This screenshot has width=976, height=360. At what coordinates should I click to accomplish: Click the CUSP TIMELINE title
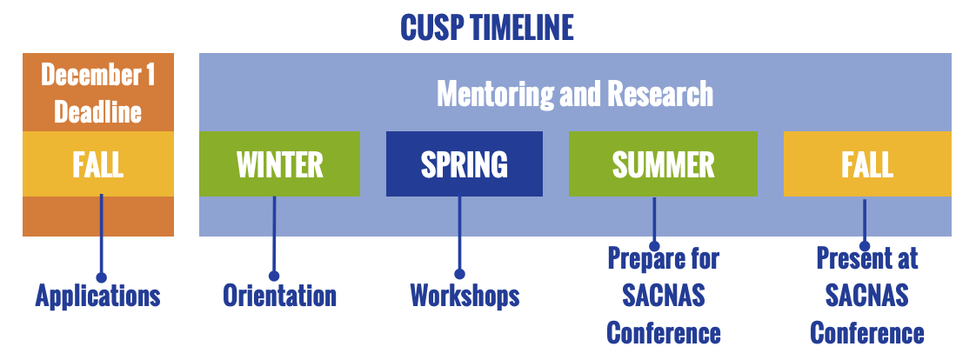[487, 28]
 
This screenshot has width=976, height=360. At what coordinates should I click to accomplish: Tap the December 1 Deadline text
[97, 93]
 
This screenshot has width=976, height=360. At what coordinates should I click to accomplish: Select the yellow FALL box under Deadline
[98, 164]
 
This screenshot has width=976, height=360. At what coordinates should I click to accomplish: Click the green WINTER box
[279, 164]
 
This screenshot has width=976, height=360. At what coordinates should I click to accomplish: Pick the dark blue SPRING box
[465, 164]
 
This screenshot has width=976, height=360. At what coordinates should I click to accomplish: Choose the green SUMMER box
[663, 164]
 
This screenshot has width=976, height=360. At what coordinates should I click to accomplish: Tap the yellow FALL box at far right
[867, 164]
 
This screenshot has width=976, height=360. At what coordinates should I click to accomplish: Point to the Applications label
[97, 296]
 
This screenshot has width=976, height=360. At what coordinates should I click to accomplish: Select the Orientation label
[279, 296]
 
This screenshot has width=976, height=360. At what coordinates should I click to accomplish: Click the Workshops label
[465, 296]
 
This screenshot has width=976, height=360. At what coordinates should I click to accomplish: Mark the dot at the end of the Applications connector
[102, 277]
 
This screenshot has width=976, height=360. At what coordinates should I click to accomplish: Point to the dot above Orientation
[274, 276]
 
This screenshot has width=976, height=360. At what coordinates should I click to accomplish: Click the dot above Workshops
[459, 274]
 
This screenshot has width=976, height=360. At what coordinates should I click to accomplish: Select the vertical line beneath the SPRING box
[459, 232]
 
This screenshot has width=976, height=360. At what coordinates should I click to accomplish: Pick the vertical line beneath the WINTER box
[274, 234]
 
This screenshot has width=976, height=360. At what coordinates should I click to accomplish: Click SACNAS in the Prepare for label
[664, 296]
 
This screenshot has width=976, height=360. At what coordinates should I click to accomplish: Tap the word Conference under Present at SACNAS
[867, 333]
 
